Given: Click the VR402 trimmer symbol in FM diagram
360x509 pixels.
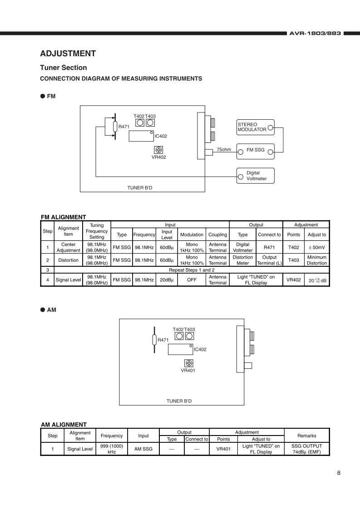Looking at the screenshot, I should click(x=158, y=150).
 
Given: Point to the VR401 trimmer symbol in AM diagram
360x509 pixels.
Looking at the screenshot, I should click(x=189, y=362).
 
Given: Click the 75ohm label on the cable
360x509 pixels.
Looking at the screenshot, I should click(x=224, y=149).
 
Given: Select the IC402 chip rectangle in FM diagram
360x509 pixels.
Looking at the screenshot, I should click(x=141, y=136).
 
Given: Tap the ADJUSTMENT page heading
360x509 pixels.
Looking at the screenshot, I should click(x=68, y=54).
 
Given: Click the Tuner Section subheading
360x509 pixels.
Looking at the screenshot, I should click(x=64, y=68).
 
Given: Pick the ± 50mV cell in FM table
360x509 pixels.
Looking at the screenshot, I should click(x=316, y=247).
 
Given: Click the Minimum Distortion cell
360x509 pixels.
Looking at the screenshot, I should click(x=316, y=260).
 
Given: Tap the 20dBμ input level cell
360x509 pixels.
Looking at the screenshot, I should click(x=167, y=280).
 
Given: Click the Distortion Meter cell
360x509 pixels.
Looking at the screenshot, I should click(x=243, y=260).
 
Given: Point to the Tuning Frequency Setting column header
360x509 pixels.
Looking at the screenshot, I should click(x=97, y=231).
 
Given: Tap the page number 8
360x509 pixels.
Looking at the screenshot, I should click(x=339, y=473).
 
